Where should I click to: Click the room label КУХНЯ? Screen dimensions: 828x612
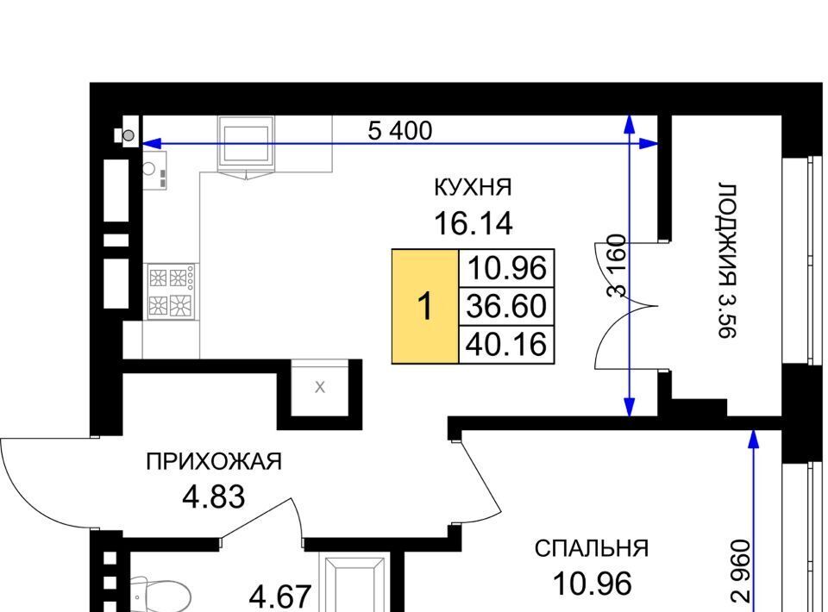pyautogui.click(x=473, y=187)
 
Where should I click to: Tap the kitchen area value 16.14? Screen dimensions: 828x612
pyautogui.click(x=474, y=223)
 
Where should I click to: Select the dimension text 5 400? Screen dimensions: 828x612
pyautogui.click(x=399, y=131)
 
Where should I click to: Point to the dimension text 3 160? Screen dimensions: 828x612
pyautogui.click(x=616, y=265)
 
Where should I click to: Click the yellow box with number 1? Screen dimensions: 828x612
pyautogui.click(x=425, y=307)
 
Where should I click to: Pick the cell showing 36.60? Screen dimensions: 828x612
pyautogui.click(x=506, y=307)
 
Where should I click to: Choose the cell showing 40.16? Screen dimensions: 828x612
pyautogui.click(x=506, y=345)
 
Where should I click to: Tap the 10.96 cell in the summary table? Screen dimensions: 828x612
pyautogui.click(x=506, y=268)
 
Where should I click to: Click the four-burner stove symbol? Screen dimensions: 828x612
pyautogui.click(x=171, y=291)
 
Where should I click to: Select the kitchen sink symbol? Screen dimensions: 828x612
pyautogui.click(x=154, y=170)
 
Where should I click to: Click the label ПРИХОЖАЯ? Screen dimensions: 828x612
pyautogui.click(x=214, y=462)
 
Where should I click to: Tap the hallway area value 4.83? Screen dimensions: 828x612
pyautogui.click(x=214, y=496)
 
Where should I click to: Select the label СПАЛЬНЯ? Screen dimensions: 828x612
pyautogui.click(x=592, y=549)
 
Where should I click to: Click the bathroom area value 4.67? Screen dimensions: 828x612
pyautogui.click(x=279, y=597)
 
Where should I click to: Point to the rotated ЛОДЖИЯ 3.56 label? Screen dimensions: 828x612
pyautogui.click(x=726, y=260)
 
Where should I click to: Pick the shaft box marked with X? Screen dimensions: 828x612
pyautogui.click(x=320, y=388)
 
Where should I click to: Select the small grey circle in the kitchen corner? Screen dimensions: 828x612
pyautogui.click(x=129, y=135)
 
